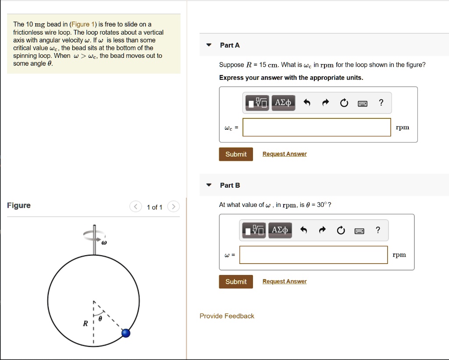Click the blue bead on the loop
click(x=126, y=333)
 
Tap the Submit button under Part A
click(x=236, y=154)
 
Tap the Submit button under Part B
click(x=236, y=282)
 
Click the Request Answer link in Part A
click(x=285, y=154)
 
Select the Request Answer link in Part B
click(x=285, y=282)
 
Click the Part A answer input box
click(x=317, y=127)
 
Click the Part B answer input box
click(x=314, y=255)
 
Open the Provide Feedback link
click(x=227, y=316)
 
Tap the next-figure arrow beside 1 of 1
click(x=174, y=207)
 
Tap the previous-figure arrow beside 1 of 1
click(x=136, y=207)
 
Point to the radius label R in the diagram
click(x=86, y=324)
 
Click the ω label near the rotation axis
click(x=104, y=242)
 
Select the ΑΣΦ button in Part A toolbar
click(x=283, y=103)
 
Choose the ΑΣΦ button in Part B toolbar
click(x=280, y=230)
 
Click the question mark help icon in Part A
click(x=381, y=103)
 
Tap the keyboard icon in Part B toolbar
click(x=360, y=231)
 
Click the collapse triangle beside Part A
click(x=209, y=45)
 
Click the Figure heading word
click(x=19, y=206)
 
